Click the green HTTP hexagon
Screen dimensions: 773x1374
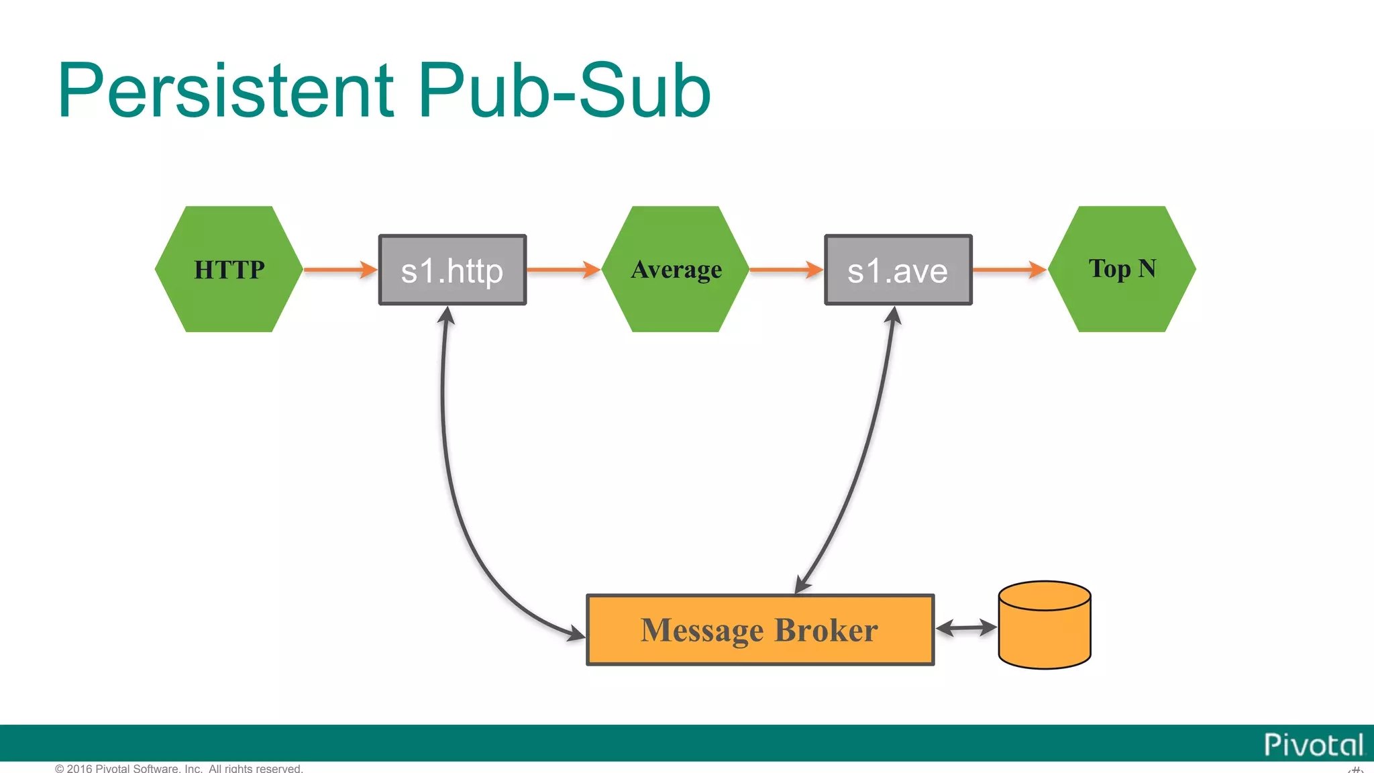pyautogui.click(x=229, y=269)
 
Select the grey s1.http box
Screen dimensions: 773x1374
pyautogui.click(x=452, y=270)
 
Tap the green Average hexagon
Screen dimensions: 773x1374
pyautogui.click(x=676, y=269)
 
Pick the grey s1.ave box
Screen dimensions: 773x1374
pyautogui.click(x=898, y=270)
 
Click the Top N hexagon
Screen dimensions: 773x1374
pyautogui.click(x=1122, y=269)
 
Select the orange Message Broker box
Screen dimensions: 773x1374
pyautogui.click(x=759, y=629)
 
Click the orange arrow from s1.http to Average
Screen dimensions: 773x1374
pyautogui.click(x=563, y=270)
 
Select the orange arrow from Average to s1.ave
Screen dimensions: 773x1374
pyautogui.click(x=786, y=270)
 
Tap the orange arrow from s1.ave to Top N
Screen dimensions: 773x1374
pyautogui.click(x=1009, y=270)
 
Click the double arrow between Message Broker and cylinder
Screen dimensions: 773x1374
pyautogui.click(x=966, y=628)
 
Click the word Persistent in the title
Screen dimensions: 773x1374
pyautogui.click(x=225, y=91)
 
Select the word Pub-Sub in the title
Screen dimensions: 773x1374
pyautogui.click(x=564, y=91)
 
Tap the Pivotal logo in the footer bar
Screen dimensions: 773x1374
pyautogui.click(x=1314, y=745)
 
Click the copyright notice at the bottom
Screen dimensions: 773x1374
pyautogui.click(x=179, y=768)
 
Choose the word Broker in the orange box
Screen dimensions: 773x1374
pyautogui.click(x=826, y=630)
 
